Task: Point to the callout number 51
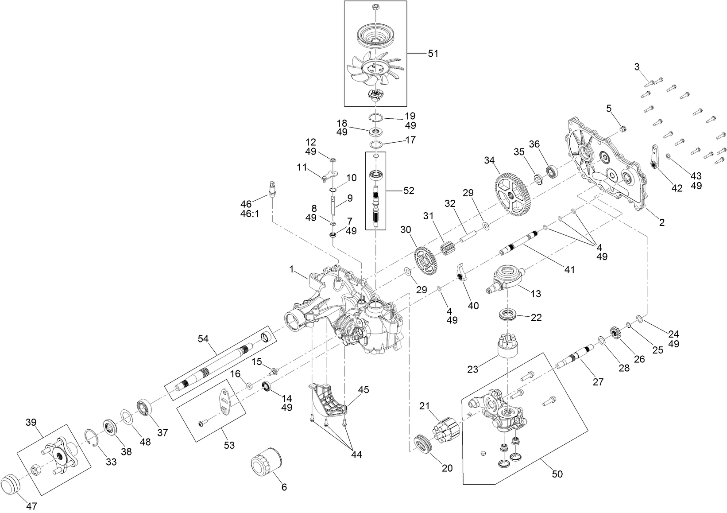click(433, 54)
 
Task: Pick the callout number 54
click(203, 339)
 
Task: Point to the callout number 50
click(557, 474)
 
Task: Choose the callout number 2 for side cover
click(661, 223)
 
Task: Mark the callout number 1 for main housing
click(291, 269)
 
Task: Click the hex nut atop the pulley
click(375, 7)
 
